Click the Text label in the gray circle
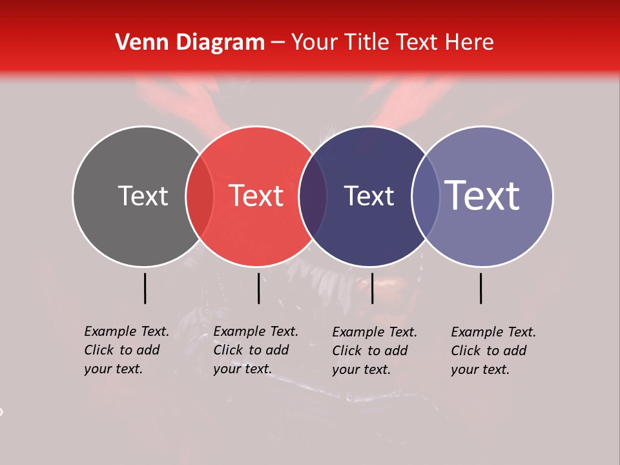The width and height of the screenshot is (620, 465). coord(143,196)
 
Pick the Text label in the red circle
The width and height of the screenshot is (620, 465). coord(256,196)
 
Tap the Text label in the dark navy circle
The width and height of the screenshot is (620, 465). coord(369,196)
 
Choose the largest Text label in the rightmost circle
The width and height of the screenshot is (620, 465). coord(482,196)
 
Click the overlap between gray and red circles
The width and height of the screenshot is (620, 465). coord(200,196)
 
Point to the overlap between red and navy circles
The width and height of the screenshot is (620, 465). coord(313,196)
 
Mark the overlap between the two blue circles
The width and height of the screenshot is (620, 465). coord(425,196)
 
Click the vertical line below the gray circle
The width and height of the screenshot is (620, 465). coord(145,288)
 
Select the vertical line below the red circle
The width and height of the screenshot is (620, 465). coord(258,288)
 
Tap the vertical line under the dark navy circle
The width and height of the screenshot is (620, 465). coord(372,288)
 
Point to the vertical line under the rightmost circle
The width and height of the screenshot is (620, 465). coord(481,288)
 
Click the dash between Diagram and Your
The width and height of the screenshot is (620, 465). coord(278,43)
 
